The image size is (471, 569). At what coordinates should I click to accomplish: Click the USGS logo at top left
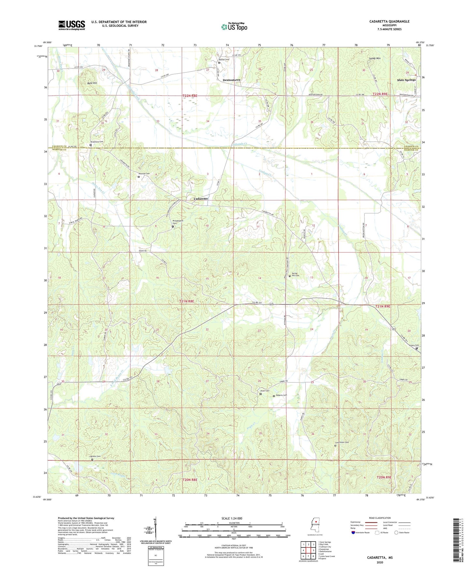click(72, 25)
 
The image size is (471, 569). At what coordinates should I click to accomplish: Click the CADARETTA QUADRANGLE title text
click(389, 22)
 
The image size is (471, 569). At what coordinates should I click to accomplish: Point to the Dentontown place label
click(231, 80)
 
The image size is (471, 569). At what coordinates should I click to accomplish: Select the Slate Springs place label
click(406, 80)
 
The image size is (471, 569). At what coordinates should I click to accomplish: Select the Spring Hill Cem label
click(295, 274)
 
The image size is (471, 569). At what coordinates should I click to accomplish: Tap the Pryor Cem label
click(264, 391)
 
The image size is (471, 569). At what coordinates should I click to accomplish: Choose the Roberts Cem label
click(281, 395)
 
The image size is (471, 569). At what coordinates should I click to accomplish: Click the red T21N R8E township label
click(186, 301)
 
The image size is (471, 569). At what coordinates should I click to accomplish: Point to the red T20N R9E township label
click(384, 477)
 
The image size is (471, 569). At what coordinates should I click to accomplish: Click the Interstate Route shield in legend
click(353, 533)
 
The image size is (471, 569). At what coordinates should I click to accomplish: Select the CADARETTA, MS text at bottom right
click(380, 558)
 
